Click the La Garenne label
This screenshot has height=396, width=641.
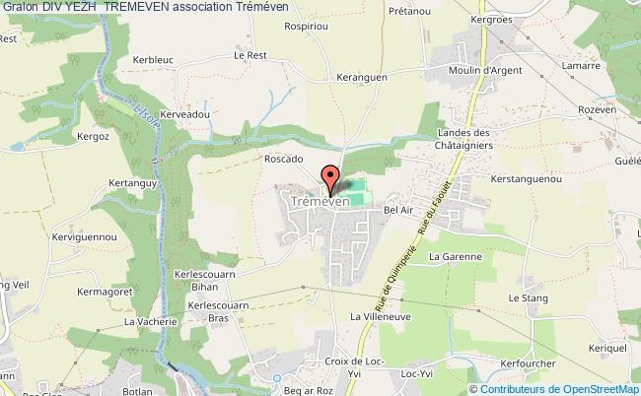(x=454, y=256)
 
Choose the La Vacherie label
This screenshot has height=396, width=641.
(x=148, y=321)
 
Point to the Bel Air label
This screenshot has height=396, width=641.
(x=398, y=211)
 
